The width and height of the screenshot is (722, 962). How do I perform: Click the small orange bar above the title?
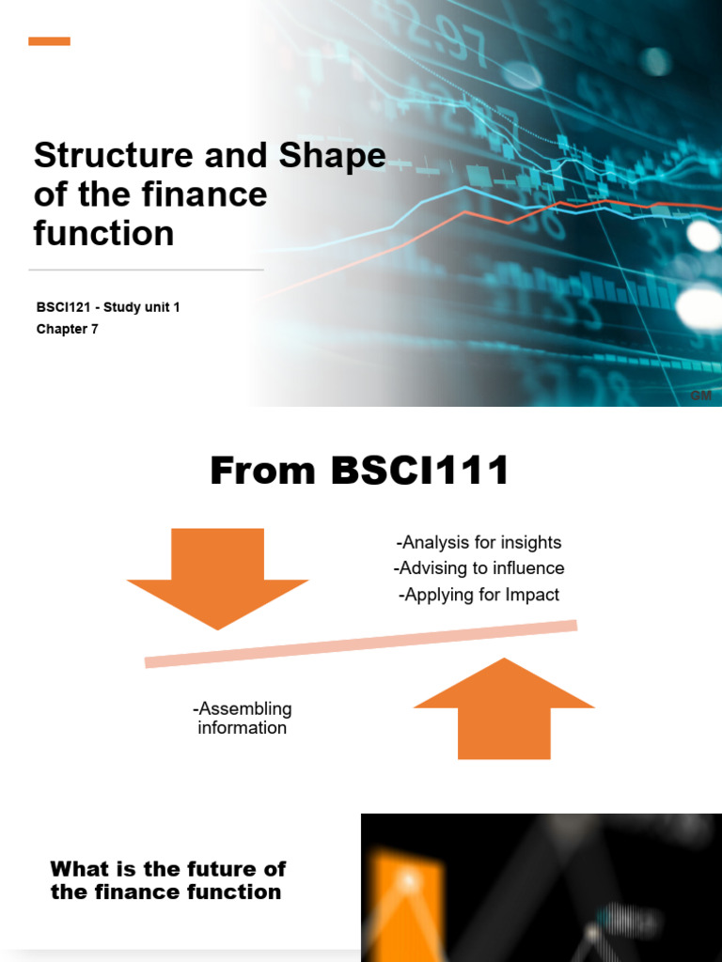(x=49, y=41)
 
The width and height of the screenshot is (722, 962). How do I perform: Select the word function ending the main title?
(x=103, y=233)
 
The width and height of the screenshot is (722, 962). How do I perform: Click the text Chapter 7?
(x=68, y=329)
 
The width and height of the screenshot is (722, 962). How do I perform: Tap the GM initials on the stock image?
(x=700, y=396)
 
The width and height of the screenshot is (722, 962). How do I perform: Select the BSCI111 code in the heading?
(x=420, y=471)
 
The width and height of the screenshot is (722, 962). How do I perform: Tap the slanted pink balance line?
(x=361, y=644)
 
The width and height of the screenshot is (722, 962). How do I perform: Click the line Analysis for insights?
(x=479, y=542)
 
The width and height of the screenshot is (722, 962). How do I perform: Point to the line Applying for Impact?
(x=479, y=595)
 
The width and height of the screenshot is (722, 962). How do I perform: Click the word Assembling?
(x=243, y=708)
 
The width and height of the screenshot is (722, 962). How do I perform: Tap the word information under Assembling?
(x=243, y=728)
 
